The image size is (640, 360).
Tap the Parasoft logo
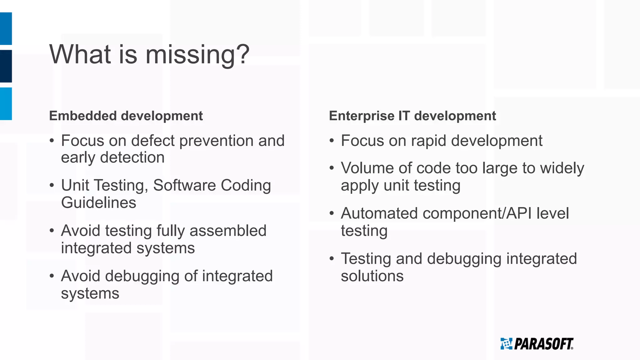click(537, 344)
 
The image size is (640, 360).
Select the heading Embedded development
click(126, 116)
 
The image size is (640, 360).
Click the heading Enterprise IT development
click(412, 116)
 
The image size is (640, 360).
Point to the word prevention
click(216, 141)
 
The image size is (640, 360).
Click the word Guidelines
click(98, 202)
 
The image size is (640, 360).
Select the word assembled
click(228, 231)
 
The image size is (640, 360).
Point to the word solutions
click(372, 276)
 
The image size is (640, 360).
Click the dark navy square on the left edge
click(6, 66)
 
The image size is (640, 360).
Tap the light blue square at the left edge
click(6, 104)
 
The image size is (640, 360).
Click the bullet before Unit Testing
click(52, 186)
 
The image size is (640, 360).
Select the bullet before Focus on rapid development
click(332, 141)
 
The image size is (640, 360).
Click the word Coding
click(246, 185)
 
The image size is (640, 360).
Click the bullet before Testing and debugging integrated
click(332, 259)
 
